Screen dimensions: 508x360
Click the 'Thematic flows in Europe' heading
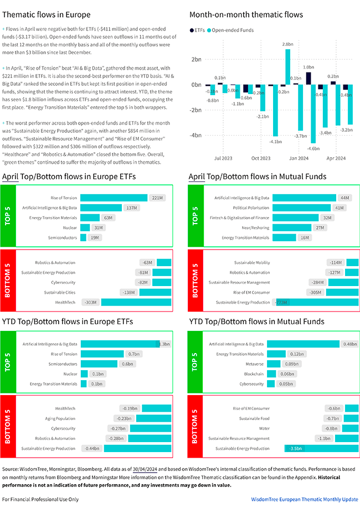pyautogui.click(x=47, y=14)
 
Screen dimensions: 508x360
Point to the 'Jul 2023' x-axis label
pyautogui.click(x=223, y=158)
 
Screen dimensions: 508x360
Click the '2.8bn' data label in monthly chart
pyautogui.click(x=287, y=44)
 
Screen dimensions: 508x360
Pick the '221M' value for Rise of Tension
pyautogui.click(x=157, y=198)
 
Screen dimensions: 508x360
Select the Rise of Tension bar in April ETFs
pyautogui.click(x=114, y=198)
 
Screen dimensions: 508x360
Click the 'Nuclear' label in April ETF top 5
pyautogui.click(x=69, y=227)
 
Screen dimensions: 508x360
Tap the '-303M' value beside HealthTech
pyautogui.click(x=90, y=302)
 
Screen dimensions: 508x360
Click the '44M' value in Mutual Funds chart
pyautogui.click(x=345, y=198)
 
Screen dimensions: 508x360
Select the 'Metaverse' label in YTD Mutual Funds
pyautogui.click(x=254, y=364)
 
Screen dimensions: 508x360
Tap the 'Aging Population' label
pyautogui.click(x=60, y=418)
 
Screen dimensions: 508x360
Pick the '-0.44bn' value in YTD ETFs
pyautogui.click(x=92, y=448)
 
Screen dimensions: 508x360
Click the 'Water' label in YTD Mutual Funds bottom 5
pyautogui.click(x=265, y=428)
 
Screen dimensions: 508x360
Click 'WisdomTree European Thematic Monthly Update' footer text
pyautogui.click(x=305, y=499)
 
